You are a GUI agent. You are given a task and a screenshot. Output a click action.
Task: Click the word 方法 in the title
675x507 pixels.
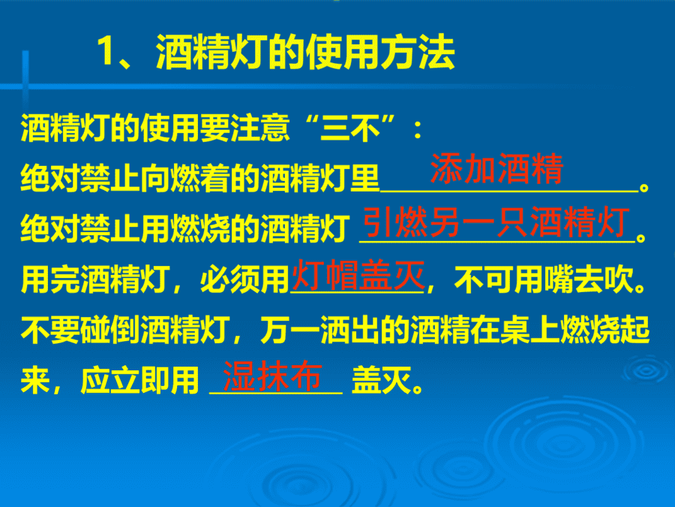pos(418,52)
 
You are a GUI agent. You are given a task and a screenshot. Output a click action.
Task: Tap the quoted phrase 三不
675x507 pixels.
pos(350,128)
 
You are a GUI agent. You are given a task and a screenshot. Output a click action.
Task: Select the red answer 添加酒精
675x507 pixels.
pos(496,168)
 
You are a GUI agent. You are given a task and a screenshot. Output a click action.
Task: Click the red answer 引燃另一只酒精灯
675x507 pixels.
pos(496,222)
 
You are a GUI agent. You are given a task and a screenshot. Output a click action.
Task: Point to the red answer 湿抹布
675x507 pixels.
pos(272,376)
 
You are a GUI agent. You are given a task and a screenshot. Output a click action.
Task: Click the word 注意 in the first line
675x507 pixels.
pos(260,128)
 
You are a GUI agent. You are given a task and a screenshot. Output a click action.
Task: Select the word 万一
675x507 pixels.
pos(290,330)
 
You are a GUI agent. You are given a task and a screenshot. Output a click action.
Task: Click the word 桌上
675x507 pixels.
pos(530,330)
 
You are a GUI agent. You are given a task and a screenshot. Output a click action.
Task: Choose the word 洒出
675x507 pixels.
pos(350,330)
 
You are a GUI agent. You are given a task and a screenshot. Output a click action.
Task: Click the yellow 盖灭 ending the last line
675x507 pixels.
pos(382,380)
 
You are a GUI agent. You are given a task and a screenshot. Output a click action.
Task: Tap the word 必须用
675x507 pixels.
pos(245,280)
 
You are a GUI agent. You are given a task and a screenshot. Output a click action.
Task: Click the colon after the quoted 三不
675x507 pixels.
pos(417,130)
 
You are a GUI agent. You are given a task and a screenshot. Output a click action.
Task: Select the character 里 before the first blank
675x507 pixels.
pos(364,177)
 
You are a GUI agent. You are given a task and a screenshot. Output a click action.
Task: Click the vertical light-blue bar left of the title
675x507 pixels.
pos(25,77)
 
